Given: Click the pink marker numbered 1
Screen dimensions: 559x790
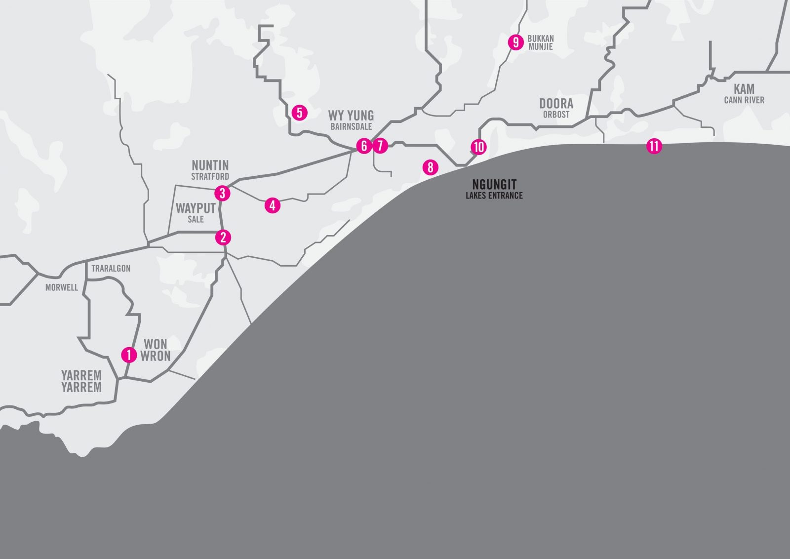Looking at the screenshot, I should pyautogui.click(x=128, y=355).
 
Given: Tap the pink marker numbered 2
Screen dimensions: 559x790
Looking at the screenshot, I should pyautogui.click(x=223, y=238).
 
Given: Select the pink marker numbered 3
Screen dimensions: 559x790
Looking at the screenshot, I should pyautogui.click(x=223, y=193).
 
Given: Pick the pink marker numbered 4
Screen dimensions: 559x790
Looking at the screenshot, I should pyautogui.click(x=273, y=205).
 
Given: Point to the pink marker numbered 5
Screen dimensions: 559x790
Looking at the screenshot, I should pyautogui.click(x=299, y=113).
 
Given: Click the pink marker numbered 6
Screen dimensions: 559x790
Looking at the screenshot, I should pyautogui.click(x=364, y=146).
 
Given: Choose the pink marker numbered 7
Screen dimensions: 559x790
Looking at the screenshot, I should pyautogui.click(x=380, y=146).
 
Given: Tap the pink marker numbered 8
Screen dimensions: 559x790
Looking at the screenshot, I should pyautogui.click(x=431, y=167).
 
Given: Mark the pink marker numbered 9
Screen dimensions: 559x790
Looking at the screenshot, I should pyautogui.click(x=515, y=42).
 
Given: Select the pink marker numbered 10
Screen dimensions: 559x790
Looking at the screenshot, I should pyautogui.click(x=478, y=147).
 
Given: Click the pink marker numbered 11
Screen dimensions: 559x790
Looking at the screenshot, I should pyautogui.click(x=654, y=146).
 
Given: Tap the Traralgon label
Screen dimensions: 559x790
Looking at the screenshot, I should pyautogui.click(x=111, y=269).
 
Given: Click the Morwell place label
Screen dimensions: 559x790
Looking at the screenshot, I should pyautogui.click(x=62, y=287).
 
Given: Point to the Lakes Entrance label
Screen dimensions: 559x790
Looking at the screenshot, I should pyautogui.click(x=494, y=196).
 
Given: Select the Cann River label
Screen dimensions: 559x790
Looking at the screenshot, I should pyautogui.click(x=744, y=100).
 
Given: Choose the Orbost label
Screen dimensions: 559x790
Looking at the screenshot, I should pyautogui.click(x=556, y=115).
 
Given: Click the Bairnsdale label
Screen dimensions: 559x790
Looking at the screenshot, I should pyautogui.click(x=351, y=127).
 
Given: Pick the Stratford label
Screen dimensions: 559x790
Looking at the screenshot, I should pyautogui.click(x=210, y=176).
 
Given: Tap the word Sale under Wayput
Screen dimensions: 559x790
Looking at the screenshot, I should pyautogui.click(x=196, y=219).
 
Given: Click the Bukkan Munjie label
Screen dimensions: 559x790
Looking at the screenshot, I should pyautogui.click(x=540, y=42).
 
